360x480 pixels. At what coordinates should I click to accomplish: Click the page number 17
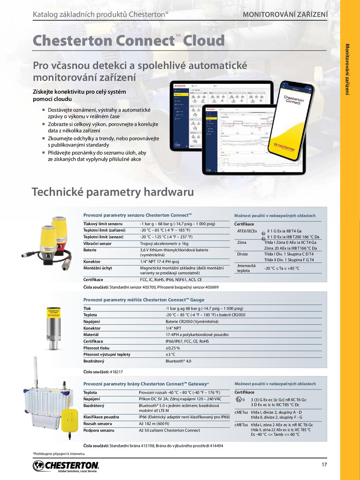324,465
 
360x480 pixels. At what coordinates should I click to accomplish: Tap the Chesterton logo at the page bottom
66,466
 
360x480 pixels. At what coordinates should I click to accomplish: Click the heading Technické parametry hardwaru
113,192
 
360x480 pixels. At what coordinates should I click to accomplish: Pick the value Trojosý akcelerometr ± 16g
164,244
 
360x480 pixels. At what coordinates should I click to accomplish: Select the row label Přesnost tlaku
96,348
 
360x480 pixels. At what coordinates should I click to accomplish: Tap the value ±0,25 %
173,348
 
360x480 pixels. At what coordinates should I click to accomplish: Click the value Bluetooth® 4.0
179,361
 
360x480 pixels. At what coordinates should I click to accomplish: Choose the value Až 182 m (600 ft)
154,424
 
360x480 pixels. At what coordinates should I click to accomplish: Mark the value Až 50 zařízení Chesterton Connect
169,430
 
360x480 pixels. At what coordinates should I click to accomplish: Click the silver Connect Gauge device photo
54,328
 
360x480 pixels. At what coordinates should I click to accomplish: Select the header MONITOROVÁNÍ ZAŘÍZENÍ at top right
285,15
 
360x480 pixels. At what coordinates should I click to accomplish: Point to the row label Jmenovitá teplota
246,268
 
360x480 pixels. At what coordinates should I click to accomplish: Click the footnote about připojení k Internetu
59,454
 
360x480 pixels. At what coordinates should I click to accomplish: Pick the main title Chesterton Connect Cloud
129,40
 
